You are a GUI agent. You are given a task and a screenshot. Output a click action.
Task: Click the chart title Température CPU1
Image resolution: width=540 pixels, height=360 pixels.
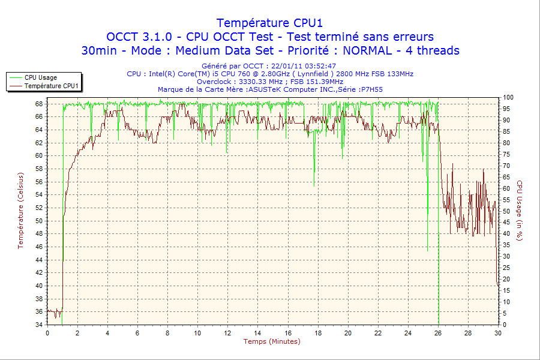coord(269,23)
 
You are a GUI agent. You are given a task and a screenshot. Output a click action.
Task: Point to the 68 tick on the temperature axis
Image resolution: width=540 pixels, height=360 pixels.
coord(39,104)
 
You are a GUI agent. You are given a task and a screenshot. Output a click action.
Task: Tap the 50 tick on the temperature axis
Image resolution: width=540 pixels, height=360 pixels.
coord(39,221)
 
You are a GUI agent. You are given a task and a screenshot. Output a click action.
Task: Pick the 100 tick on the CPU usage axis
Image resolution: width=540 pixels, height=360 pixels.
coord(508,97)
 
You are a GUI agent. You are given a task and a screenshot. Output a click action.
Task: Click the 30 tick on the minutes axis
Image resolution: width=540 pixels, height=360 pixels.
coord(497,333)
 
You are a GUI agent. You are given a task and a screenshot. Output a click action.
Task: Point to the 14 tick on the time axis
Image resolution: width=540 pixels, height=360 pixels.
coord(257,333)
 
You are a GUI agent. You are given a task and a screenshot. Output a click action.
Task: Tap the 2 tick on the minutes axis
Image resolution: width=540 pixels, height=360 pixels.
coord(77,333)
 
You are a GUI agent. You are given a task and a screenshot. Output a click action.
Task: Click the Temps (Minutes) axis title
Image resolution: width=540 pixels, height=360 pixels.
coord(272,341)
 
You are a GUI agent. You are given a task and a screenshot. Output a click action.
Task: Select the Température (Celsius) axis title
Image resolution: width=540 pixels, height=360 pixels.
coord(20,210)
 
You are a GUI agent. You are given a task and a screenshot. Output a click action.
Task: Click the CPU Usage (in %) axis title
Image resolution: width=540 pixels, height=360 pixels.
coord(520,211)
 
